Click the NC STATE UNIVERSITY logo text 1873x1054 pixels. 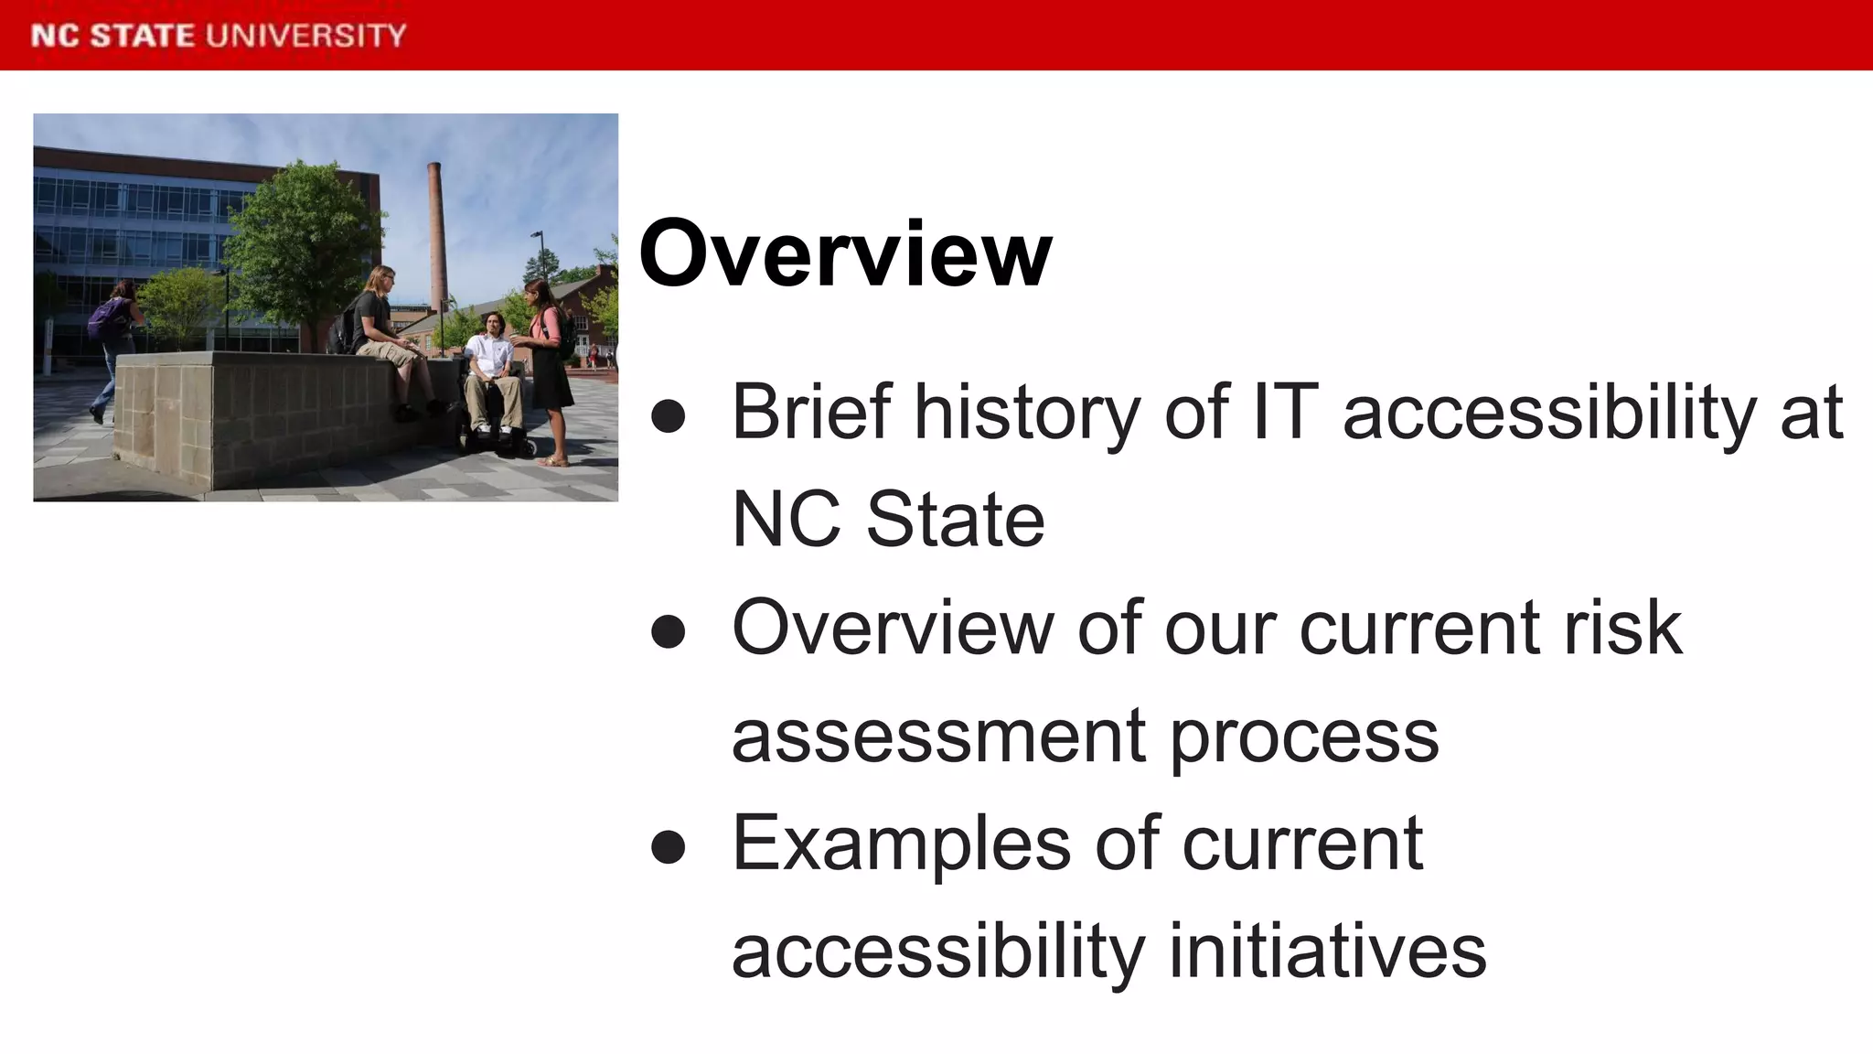tap(219, 36)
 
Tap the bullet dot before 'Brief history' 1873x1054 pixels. tap(669, 416)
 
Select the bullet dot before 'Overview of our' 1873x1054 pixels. tap(669, 631)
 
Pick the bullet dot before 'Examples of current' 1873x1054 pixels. tap(669, 846)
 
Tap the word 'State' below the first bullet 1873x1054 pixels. tap(955, 520)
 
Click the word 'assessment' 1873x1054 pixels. tap(938, 737)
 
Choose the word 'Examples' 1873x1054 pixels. tap(901, 844)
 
